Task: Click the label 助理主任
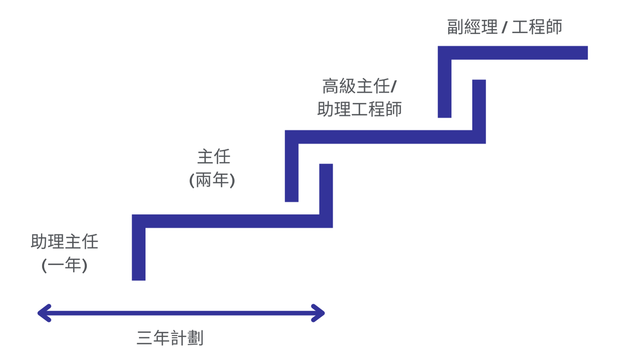coord(65,242)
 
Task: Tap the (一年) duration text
coord(64,265)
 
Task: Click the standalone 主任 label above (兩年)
coord(214,157)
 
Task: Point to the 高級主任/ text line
coord(359,86)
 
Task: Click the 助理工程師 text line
coord(359,110)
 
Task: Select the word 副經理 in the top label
coord(472,27)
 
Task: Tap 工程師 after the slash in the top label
coord(537,27)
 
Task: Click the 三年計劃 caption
coord(170,339)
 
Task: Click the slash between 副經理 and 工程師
coord(504,28)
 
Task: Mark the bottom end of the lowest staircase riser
coord(139,277)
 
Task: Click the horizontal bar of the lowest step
coord(232,221)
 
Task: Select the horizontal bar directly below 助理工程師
coord(382,137)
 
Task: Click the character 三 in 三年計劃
coord(144,339)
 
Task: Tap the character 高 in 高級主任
coord(331,86)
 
